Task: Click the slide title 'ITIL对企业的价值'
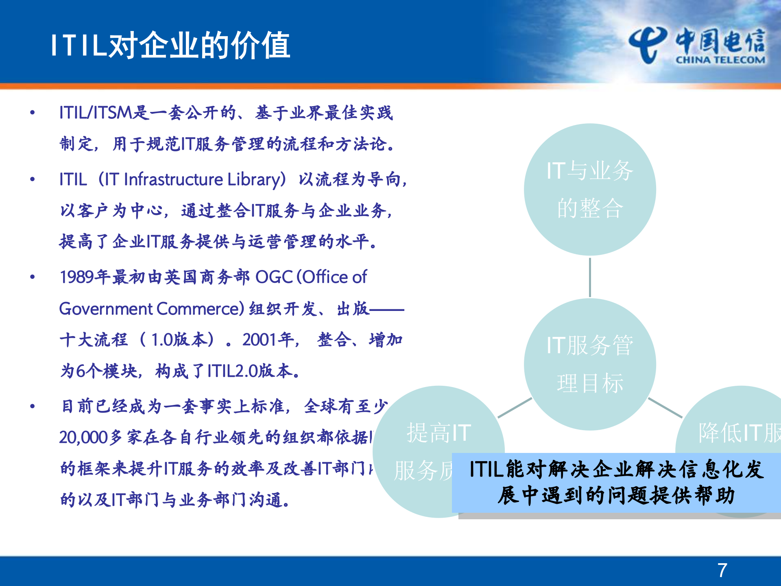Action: (170, 45)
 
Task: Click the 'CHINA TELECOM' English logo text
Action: (720, 60)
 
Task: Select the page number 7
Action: (722, 570)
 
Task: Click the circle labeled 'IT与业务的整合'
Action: (590, 189)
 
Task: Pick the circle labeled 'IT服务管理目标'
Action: (590, 364)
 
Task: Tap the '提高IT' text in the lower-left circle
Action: (439, 433)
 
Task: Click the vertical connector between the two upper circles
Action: (590, 277)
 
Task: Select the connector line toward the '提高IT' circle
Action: (515, 408)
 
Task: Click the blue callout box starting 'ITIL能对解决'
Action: (616, 483)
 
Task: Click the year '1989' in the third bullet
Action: (77, 277)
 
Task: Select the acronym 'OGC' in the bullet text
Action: (274, 277)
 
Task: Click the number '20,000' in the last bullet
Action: (83, 437)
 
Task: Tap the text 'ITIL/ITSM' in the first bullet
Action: (96, 113)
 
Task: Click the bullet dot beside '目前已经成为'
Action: (33, 406)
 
